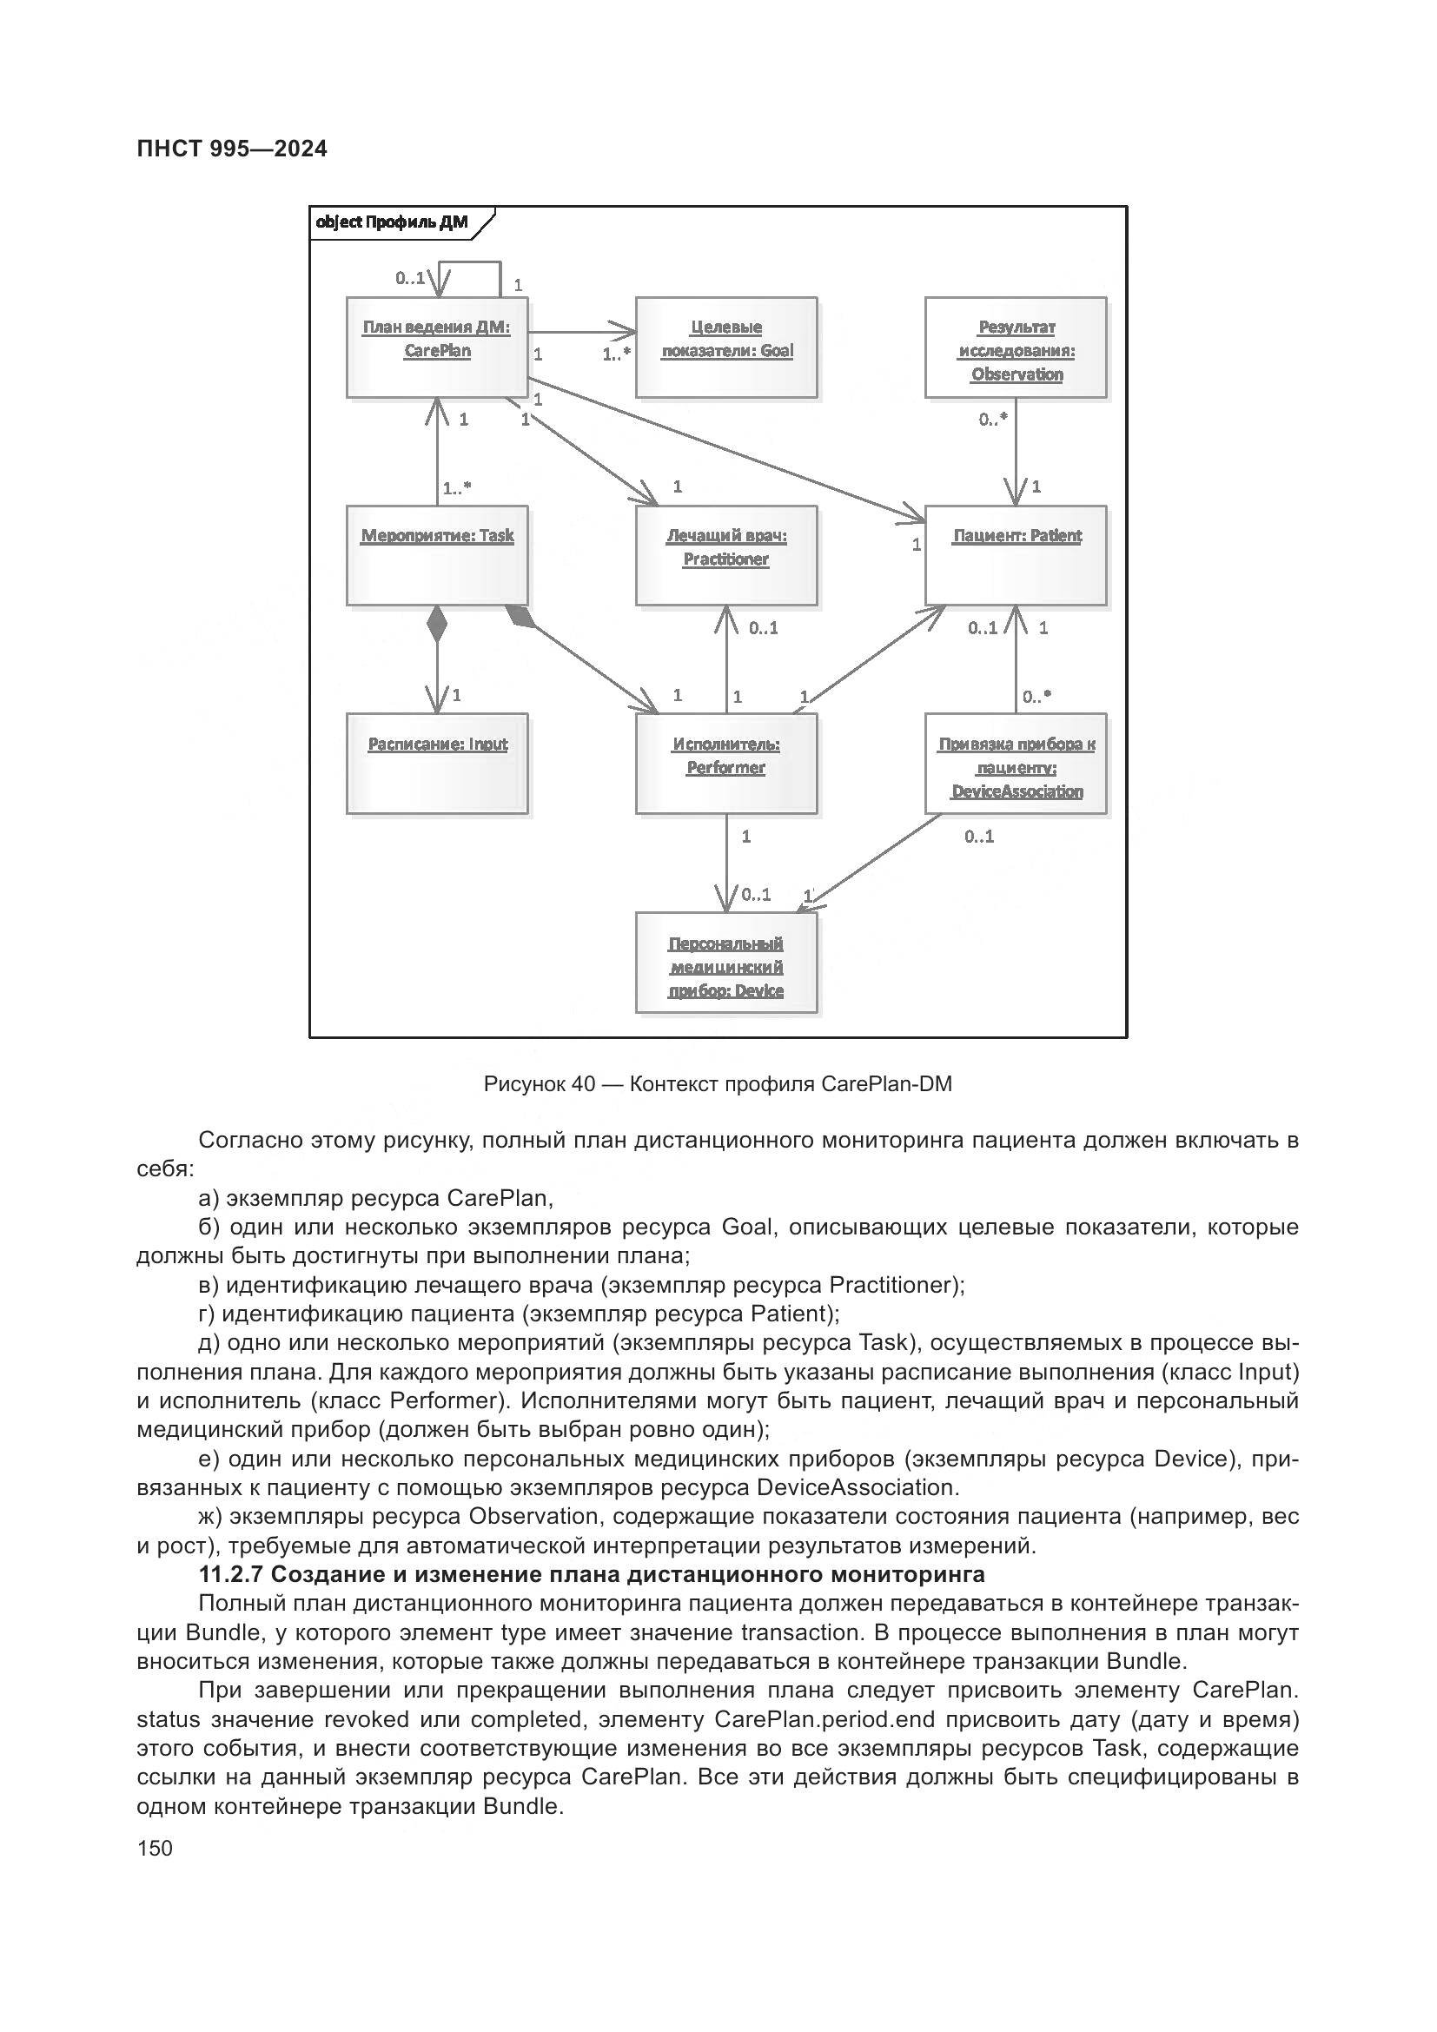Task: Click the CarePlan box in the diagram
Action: click(x=436, y=347)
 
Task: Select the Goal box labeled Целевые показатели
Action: click(x=725, y=347)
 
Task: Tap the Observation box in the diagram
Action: click(x=1016, y=347)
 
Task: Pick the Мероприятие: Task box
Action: click(x=436, y=555)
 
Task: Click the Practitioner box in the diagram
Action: click(x=725, y=555)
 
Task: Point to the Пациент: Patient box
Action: click(x=1016, y=555)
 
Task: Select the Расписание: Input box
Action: click(x=436, y=763)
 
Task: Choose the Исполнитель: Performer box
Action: click(x=725, y=763)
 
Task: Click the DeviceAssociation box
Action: click(x=1016, y=763)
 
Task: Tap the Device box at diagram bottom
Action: click(x=725, y=962)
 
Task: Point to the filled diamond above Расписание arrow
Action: click(x=436, y=624)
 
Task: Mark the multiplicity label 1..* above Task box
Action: click(x=457, y=487)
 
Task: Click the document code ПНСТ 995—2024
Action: click(x=232, y=149)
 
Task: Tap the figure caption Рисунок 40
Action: click(x=718, y=1083)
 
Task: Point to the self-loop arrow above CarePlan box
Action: click(x=470, y=264)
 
